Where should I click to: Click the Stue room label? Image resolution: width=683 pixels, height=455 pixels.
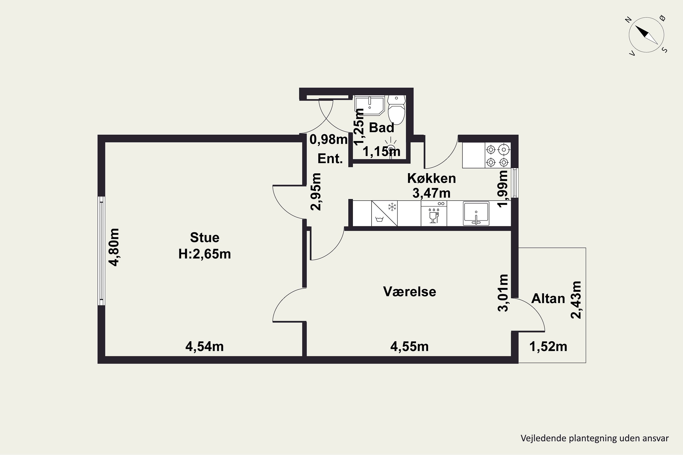tap(205, 238)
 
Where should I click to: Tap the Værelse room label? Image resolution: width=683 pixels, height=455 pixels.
tap(409, 292)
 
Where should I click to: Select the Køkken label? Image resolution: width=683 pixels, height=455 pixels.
tap(431, 178)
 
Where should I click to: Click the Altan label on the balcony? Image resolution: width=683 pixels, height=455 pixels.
tap(548, 298)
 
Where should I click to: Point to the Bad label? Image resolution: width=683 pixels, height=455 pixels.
tap(382, 128)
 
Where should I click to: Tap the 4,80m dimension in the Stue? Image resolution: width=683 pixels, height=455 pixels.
tap(114, 247)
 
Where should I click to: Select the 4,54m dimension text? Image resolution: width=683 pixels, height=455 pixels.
tap(205, 346)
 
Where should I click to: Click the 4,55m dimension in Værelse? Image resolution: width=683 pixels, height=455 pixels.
tap(409, 346)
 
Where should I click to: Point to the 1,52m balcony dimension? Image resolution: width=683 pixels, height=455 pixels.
tap(548, 346)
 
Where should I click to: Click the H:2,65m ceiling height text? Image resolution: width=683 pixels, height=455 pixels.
tap(205, 254)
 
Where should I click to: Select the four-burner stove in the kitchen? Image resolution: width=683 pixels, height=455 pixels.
tap(497, 155)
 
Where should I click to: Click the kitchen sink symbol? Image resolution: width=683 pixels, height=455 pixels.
tap(476, 214)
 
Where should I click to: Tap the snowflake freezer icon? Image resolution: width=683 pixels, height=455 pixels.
tap(392, 207)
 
